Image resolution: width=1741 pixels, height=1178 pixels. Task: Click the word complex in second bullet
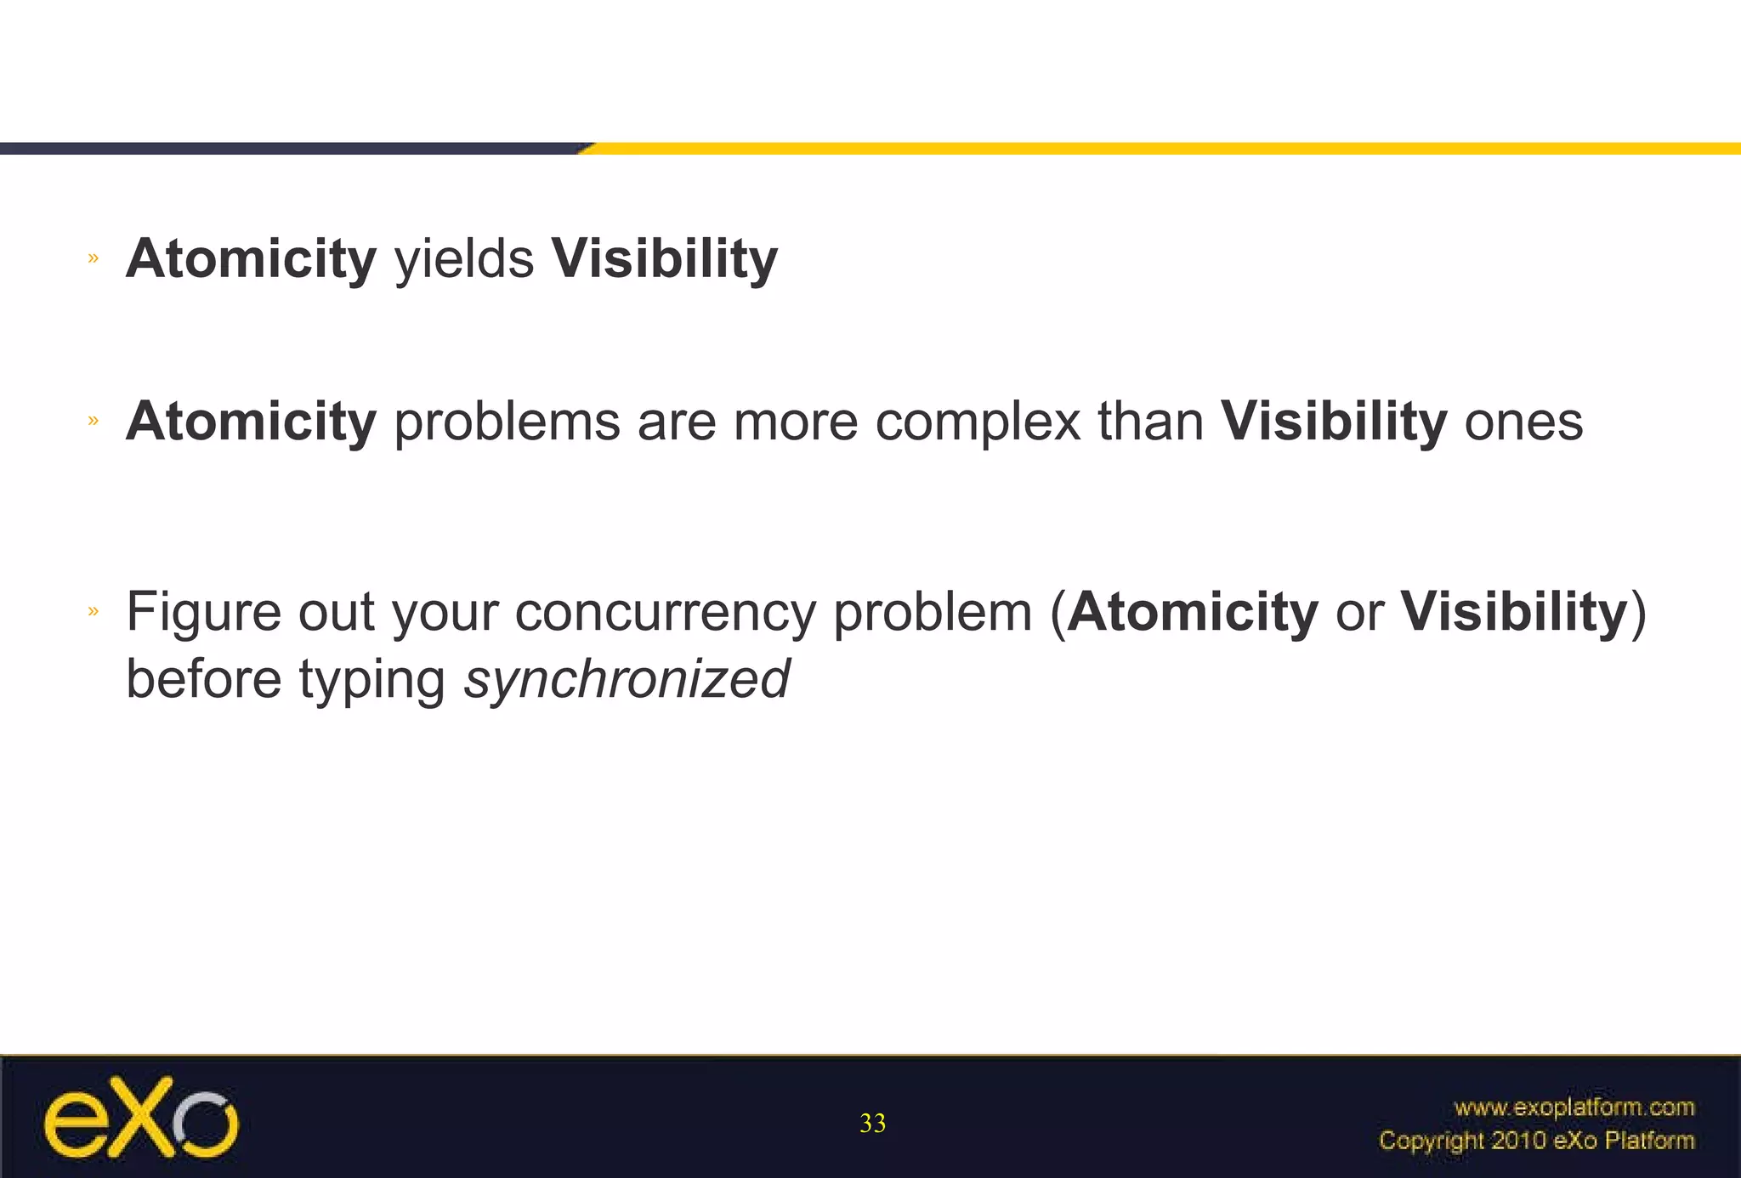point(978,422)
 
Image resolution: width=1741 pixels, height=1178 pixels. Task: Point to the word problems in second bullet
point(507,422)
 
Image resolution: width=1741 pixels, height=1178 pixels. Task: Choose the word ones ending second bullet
point(1523,422)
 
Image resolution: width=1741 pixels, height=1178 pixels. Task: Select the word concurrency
point(665,612)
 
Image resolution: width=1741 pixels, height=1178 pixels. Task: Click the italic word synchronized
point(627,680)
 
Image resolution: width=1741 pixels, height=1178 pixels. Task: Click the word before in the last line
point(203,680)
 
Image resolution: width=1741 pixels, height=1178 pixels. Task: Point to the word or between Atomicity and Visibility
point(1359,612)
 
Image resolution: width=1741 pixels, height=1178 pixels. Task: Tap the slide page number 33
point(872,1124)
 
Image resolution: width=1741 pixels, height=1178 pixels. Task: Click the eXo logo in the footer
point(141,1119)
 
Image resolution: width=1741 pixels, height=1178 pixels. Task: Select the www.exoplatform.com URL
point(1574,1107)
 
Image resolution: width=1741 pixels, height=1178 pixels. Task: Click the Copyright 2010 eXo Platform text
point(1536,1141)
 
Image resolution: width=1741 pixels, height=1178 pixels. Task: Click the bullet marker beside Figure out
point(94,610)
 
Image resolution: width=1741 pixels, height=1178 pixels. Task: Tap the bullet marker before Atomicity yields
point(94,258)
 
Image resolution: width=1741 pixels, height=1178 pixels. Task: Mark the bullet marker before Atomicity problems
point(94,420)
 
